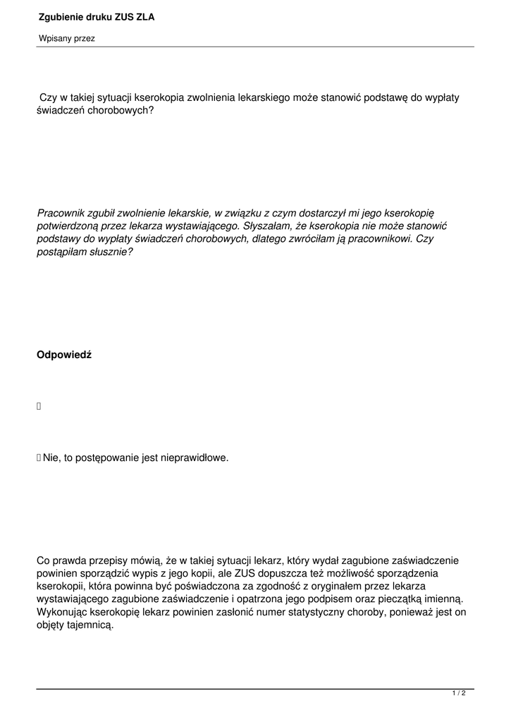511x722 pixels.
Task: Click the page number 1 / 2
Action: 459,694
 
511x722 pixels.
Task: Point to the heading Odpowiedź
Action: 64,355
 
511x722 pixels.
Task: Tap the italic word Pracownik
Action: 63,212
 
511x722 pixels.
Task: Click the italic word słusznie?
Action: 108,252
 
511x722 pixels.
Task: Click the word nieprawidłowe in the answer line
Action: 194,458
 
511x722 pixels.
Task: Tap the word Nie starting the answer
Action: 51,458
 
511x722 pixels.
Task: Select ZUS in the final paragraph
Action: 249,573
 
